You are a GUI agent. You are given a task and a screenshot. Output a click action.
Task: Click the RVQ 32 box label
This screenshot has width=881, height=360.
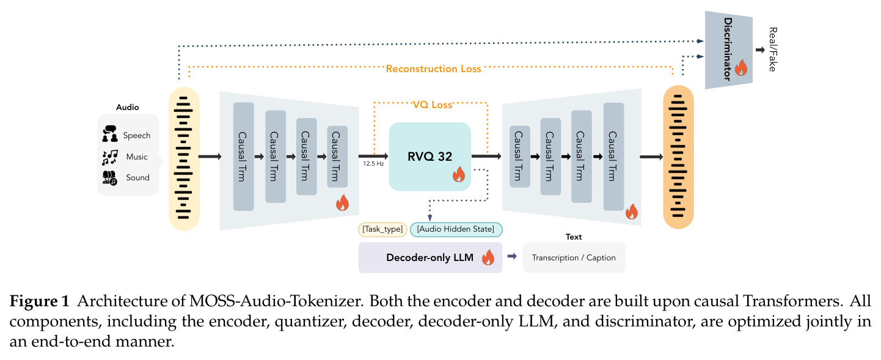(x=430, y=156)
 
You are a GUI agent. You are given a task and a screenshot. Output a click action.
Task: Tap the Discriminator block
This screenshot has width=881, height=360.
(x=728, y=50)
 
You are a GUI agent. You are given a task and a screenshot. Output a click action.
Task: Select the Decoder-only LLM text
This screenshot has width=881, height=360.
(x=430, y=258)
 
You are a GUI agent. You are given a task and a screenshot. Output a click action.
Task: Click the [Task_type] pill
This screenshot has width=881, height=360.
(x=382, y=229)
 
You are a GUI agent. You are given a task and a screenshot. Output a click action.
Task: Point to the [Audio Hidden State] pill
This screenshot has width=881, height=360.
(x=456, y=229)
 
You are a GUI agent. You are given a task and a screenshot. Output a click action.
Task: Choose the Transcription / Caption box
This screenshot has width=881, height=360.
(x=574, y=258)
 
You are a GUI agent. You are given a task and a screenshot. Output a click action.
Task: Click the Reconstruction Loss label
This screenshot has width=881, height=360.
(x=433, y=69)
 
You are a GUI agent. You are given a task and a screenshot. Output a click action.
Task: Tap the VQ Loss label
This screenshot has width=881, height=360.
(x=432, y=105)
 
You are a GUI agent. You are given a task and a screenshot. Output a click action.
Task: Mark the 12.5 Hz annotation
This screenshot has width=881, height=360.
(x=373, y=164)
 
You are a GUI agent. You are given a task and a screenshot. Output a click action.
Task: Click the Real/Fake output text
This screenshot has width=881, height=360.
(x=773, y=50)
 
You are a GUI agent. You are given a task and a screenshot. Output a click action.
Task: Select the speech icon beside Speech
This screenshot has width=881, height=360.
(x=110, y=134)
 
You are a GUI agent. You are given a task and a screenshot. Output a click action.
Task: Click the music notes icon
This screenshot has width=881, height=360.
(x=110, y=157)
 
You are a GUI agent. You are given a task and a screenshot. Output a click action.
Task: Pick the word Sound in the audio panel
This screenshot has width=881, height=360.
(x=137, y=177)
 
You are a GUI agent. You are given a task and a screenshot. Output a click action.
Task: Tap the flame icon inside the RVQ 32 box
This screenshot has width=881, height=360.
(x=459, y=174)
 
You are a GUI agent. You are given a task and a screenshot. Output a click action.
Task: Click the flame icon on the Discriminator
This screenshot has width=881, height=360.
(x=741, y=68)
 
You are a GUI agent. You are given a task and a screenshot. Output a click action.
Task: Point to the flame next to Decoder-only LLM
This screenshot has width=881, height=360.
(x=488, y=257)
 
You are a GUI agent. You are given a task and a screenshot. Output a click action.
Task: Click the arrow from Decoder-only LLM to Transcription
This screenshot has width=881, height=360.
(x=512, y=257)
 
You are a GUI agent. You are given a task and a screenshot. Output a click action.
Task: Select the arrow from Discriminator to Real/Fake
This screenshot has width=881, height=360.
(x=760, y=50)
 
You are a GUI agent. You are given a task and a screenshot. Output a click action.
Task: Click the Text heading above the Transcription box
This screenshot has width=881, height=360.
(x=574, y=237)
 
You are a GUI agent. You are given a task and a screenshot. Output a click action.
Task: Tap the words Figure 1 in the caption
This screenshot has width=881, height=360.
(x=39, y=301)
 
